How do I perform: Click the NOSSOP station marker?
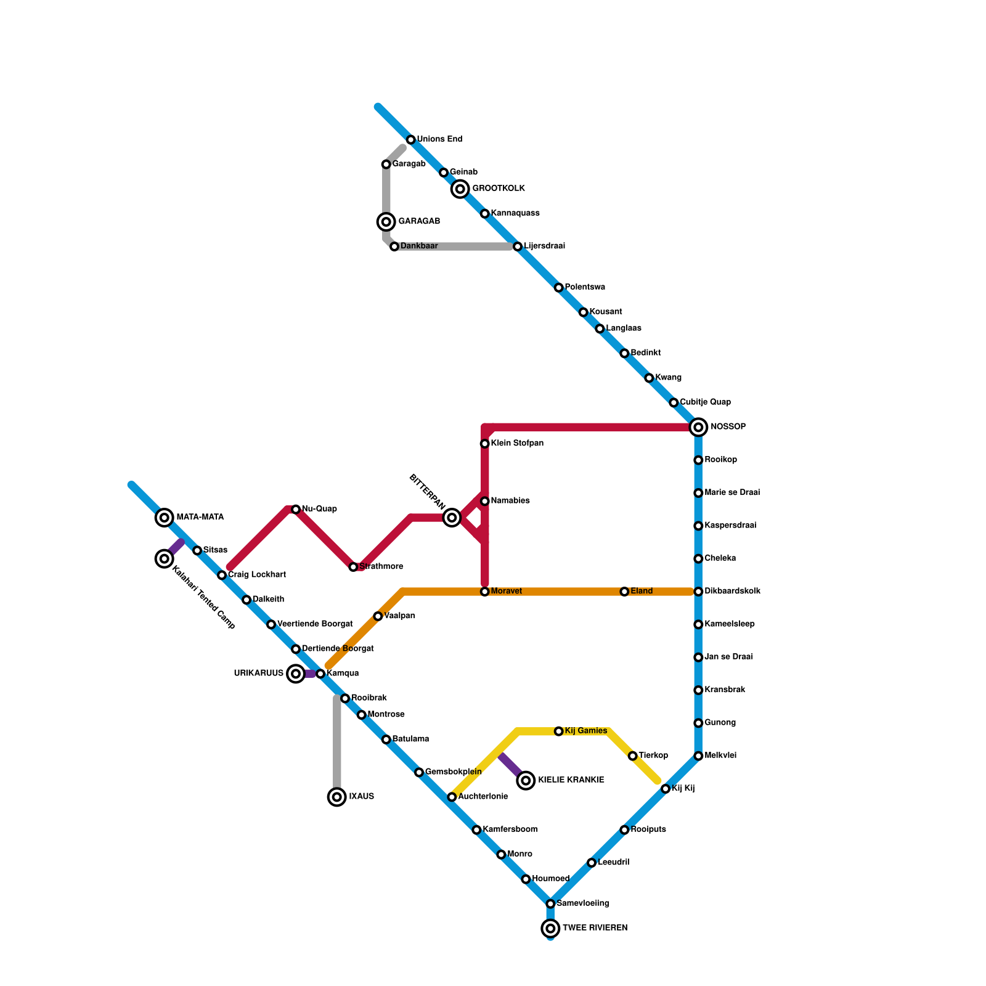(698, 427)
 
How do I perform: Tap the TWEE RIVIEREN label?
(595, 928)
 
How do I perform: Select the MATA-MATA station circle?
(164, 518)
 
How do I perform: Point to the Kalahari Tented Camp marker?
(164, 559)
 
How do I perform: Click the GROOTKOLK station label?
(498, 189)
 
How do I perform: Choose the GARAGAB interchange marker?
(386, 222)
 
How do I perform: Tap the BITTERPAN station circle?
(452, 518)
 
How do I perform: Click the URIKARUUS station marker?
(296, 674)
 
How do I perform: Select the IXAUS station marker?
(336, 797)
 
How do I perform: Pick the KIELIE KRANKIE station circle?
(526, 781)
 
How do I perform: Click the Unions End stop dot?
(411, 140)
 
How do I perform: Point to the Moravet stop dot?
(485, 592)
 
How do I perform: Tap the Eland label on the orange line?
(642, 592)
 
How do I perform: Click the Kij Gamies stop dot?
(559, 731)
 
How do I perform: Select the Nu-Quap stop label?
(319, 509)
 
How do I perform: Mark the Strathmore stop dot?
(353, 567)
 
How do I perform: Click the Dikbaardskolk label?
(732, 592)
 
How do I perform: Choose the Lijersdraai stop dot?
(518, 246)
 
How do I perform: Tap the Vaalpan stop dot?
(378, 616)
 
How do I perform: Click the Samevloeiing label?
(582, 903)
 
